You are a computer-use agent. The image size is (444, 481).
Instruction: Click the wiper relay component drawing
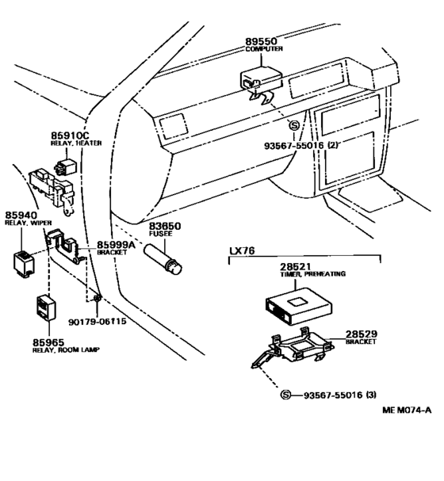point(25,258)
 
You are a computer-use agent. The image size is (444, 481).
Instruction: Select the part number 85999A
point(117,245)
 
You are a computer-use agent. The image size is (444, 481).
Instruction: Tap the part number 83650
point(164,226)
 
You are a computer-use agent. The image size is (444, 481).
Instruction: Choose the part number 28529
point(361,335)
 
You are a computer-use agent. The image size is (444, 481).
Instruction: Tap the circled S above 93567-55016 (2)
point(294,126)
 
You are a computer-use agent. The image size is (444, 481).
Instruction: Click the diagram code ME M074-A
point(406,432)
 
